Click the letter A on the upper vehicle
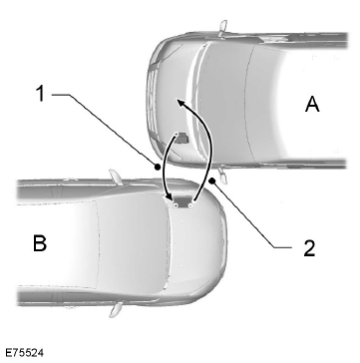312,105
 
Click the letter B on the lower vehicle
40,243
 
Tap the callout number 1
40,94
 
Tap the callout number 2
309,247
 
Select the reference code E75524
24,353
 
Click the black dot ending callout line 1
158,168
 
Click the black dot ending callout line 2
212,181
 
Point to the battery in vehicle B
182,202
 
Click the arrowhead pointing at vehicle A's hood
180,103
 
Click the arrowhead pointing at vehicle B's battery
169,197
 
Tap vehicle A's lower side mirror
222,176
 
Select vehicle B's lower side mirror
115,309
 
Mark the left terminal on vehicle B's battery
175,206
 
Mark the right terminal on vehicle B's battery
190,206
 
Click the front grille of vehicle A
152,101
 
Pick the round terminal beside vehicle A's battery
177,135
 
